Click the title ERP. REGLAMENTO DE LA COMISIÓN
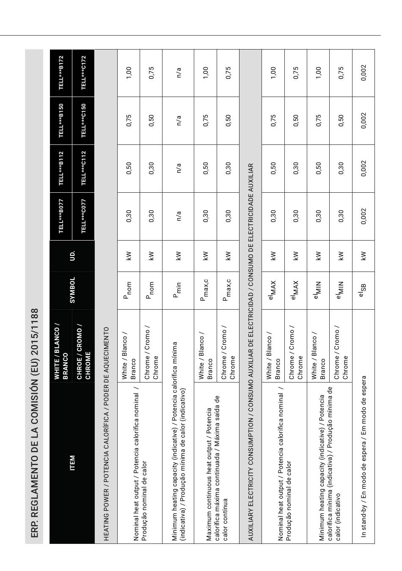pos(35,423)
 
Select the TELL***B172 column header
pos(61,73)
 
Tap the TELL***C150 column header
pos(83,121)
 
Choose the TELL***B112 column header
pos(61,169)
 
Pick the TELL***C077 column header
pos(83,216)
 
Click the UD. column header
pos(72,256)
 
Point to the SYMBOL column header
pos(72,291)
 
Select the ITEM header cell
pos(72,463)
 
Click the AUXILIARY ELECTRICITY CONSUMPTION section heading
pos(251,352)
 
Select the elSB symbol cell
pos(363,291)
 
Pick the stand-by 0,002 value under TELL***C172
pos(363,73)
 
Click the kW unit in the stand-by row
pos(363,256)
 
